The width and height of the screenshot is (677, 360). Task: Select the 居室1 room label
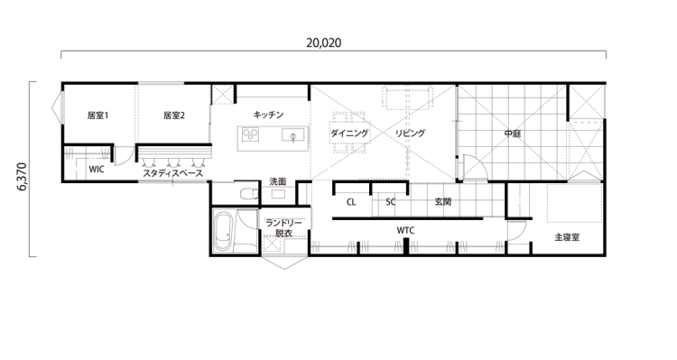[x=97, y=115]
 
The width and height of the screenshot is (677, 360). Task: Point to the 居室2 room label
[x=173, y=115]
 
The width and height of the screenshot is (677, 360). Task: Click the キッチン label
[x=269, y=115]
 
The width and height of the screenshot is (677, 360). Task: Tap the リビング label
[x=409, y=134]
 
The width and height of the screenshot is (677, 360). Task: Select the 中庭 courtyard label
[x=512, y=134]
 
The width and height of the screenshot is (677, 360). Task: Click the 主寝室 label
[x=567, y=238]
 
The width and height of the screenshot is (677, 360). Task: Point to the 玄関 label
[x=442, y=202]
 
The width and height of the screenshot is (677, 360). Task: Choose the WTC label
[x=405, y=231]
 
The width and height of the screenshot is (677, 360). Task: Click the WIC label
[x=97, y=169]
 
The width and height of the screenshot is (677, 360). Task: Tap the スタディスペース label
[x=172, y=173]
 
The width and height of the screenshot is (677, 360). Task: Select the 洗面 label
[x=278, y=182]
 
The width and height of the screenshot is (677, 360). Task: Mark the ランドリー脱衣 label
[x=283, y=227]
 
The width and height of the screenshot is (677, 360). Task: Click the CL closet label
[x=351, y=202]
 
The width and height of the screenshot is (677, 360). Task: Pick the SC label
[x=391, y=202]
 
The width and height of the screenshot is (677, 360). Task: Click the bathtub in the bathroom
[x=223, y=233]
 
